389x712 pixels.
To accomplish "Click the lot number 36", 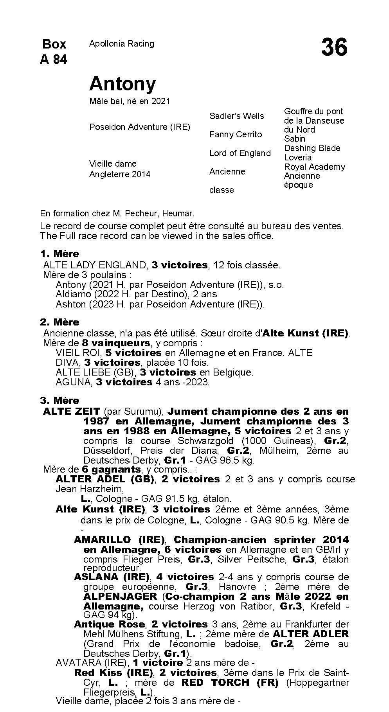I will click(334, 48).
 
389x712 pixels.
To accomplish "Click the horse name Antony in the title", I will click(122, 84).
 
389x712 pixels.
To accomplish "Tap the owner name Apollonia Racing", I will click(121, 44).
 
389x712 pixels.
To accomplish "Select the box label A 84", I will click(54, 59).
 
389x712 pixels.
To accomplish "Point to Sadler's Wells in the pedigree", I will click(236, 116).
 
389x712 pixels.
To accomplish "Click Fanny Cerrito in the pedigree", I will click(236, 135).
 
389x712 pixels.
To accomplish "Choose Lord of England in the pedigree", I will click(240, 153).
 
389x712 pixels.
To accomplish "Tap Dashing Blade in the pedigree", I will click(312, 148).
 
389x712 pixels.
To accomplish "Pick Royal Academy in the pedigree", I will click(314, 167).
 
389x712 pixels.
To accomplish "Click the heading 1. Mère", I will click(59, 254).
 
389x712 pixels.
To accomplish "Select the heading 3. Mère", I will click(59, 401).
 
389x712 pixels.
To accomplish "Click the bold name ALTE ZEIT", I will click(72, 412).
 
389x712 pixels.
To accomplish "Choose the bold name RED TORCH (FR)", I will click(230, 683).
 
